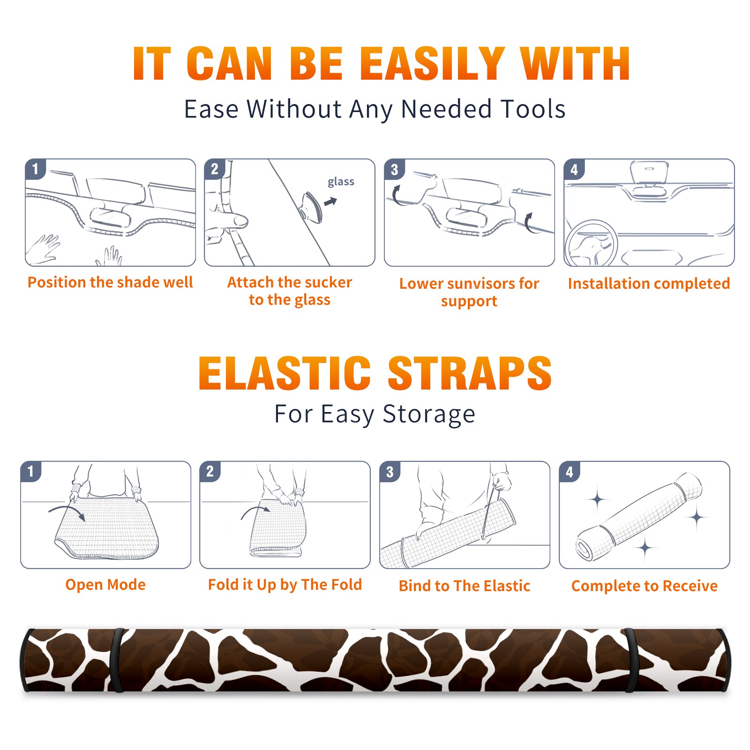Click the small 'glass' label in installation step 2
(341, 182)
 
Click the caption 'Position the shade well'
(110, 282)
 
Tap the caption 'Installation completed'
(649, 283)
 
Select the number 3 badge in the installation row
(394, 169)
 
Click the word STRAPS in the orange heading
(470, 373)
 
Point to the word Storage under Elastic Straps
(429, 414)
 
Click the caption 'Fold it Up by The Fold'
(285, 585)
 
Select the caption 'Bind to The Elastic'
(465, 585)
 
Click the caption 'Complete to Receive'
(645, 586)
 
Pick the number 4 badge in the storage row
(570, 472)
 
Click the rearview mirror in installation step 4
(649, 172)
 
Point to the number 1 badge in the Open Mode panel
(31, 472)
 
